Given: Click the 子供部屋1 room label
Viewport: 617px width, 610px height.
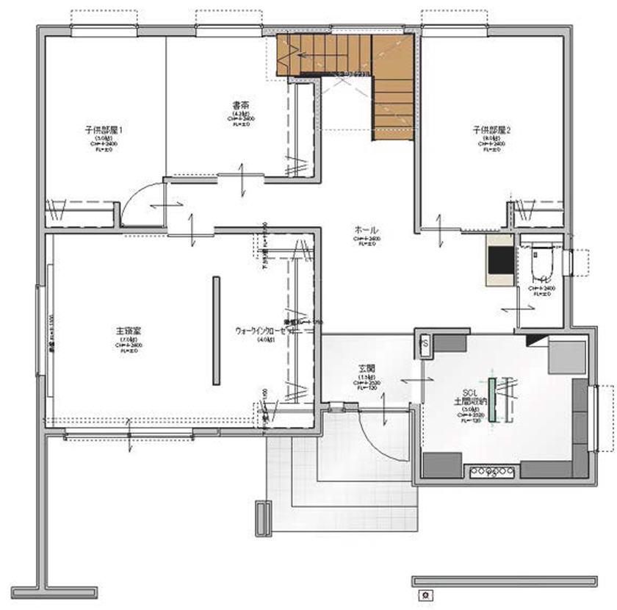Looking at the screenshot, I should (x=103, y=130).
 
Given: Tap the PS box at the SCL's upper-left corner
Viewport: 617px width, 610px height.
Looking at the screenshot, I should (x=424, y=342).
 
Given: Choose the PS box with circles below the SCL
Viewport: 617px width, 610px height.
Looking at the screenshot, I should (x=491, y=473).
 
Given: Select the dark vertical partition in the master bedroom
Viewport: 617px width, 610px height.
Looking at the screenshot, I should (x=216, y=330).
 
